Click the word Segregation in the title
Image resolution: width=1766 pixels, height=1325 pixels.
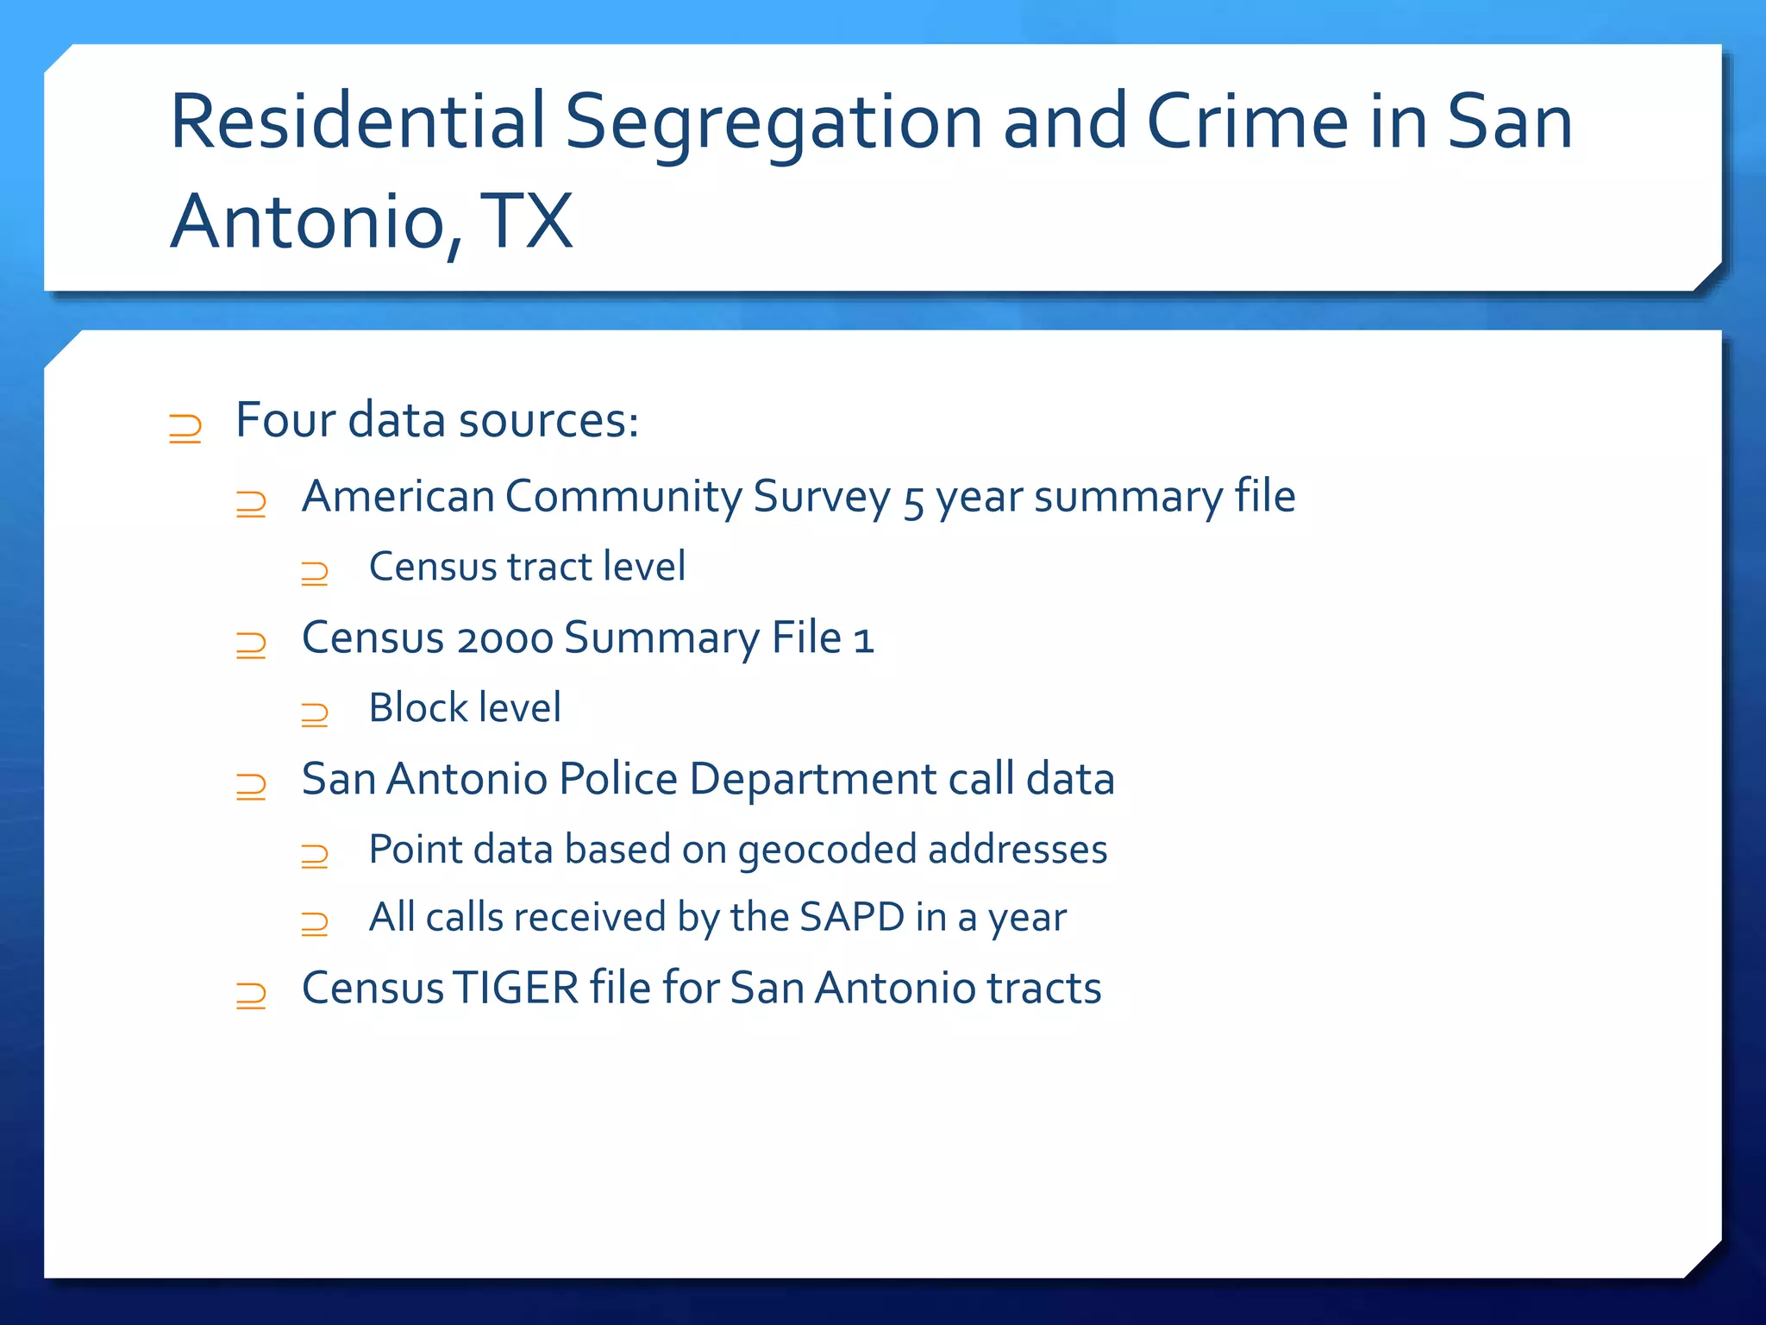tap(773, 122)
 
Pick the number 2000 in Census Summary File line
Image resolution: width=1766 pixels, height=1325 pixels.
tap(504, 640)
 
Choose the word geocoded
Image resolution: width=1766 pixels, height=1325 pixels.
tap(828, 851)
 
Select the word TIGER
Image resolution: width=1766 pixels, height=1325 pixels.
tap(517, 989)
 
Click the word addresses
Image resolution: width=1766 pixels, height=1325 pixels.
tap(1018, 850)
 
